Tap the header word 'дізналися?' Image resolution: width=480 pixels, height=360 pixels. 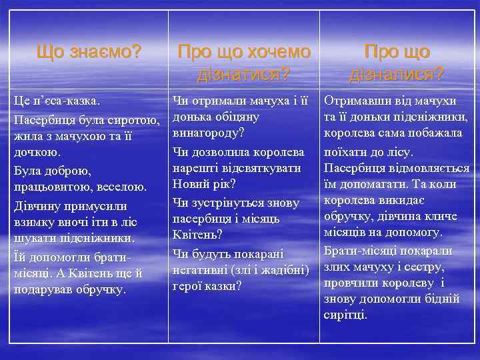tap(397, 73)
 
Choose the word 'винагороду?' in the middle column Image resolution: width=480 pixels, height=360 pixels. tap(208, 133)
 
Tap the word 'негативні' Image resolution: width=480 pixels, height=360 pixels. tap(200, 269)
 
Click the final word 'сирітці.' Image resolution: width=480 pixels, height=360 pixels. tap(346, 315)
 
